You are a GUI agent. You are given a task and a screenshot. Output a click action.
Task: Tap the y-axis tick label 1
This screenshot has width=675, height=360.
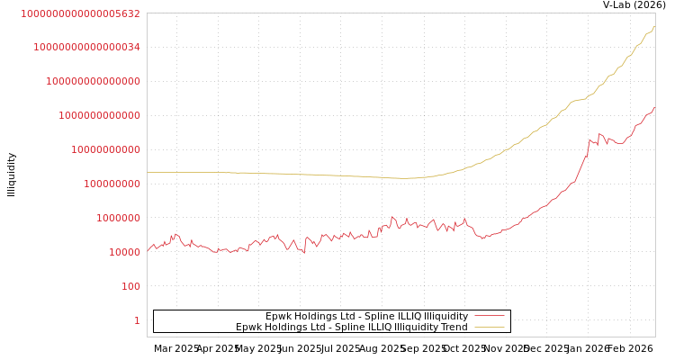137,320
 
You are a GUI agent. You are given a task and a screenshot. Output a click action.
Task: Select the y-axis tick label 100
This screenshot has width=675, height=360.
130,286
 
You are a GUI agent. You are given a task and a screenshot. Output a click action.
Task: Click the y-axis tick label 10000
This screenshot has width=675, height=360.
124,252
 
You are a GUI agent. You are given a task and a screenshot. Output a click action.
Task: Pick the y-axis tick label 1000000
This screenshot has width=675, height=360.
118,218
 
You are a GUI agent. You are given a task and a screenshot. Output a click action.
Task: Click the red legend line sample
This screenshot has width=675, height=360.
489,316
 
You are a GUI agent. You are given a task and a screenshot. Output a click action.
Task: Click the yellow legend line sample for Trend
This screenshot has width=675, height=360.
489,327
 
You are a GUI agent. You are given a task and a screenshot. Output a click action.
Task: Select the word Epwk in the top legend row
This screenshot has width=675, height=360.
278,316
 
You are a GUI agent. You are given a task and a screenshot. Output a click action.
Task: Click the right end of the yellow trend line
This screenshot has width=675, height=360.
654,27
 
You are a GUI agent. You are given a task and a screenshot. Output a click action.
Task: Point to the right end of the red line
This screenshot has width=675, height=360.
654,108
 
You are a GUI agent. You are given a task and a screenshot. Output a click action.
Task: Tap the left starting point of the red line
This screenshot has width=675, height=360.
148,251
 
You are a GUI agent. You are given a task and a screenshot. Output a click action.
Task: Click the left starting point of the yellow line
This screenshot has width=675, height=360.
148,172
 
